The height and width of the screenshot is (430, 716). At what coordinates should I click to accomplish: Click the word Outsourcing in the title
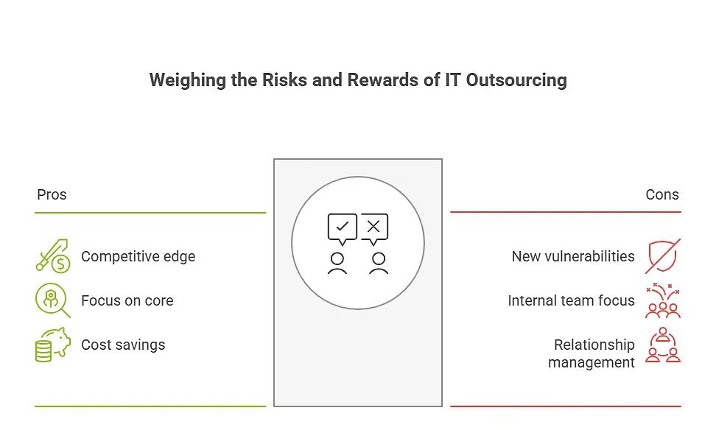point(516,80)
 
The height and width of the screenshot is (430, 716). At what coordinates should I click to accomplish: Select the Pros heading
point(52,195)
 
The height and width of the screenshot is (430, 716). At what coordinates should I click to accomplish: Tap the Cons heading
point(662,195)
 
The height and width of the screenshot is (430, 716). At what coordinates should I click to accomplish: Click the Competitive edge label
point(138,256)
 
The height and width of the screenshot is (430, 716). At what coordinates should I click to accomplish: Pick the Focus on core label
point(127,300)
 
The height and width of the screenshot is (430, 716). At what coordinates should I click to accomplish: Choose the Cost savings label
point(123,345)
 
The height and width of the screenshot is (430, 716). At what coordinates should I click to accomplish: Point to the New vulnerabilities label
point(573,256)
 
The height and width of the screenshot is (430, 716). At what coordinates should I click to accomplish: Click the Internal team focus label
point(571,300)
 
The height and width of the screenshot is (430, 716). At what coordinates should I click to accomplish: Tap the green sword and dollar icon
point(52,255)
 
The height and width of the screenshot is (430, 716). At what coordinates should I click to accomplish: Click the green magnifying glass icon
point(52,300)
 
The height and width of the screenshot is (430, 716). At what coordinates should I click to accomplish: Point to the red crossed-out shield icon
point(663,255)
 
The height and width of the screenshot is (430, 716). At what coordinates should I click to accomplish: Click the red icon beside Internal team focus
point(663,300)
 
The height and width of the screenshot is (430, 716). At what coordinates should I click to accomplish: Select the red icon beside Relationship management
point(663,345)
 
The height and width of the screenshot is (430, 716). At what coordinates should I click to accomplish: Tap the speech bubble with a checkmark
point(343,228)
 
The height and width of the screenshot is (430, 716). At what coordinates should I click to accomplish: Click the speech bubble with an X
point(373,228)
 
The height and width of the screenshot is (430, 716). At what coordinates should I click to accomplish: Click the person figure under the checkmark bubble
point(337,263)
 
